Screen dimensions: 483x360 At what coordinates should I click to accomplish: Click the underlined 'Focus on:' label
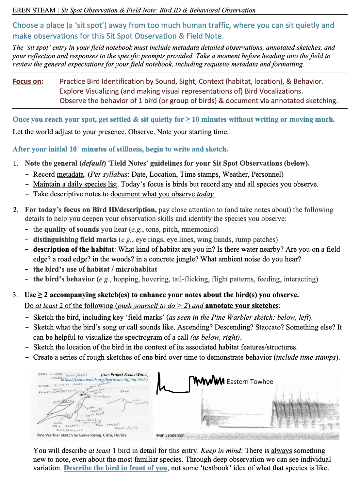[28, 81]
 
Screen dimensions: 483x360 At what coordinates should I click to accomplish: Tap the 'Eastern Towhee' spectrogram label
[250, 382]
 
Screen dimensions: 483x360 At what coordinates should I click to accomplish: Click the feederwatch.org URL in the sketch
[105, 380]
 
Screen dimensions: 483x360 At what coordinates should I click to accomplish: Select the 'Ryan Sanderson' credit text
[170, 435]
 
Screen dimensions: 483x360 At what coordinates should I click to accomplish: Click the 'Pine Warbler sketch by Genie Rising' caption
[81, 435]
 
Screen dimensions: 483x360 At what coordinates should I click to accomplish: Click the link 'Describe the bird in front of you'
[115, 468]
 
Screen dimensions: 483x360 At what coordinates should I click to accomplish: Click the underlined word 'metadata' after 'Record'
[70, 174]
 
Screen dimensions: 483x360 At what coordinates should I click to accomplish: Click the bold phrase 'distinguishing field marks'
[75, 240]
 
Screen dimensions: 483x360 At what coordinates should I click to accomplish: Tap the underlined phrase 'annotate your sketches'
[242, 306]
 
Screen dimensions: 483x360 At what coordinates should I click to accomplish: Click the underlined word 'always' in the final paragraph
[281, 451]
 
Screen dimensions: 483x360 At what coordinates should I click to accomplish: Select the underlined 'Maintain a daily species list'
[75, 184]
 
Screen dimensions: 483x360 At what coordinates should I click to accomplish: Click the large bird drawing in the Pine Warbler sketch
[70, 404]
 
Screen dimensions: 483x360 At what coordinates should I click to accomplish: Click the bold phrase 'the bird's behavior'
[64, 279]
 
